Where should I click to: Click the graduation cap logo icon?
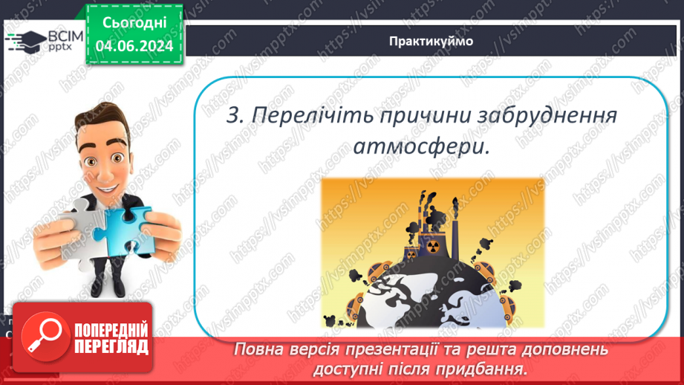pyautogui.click(x=25, y=41)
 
